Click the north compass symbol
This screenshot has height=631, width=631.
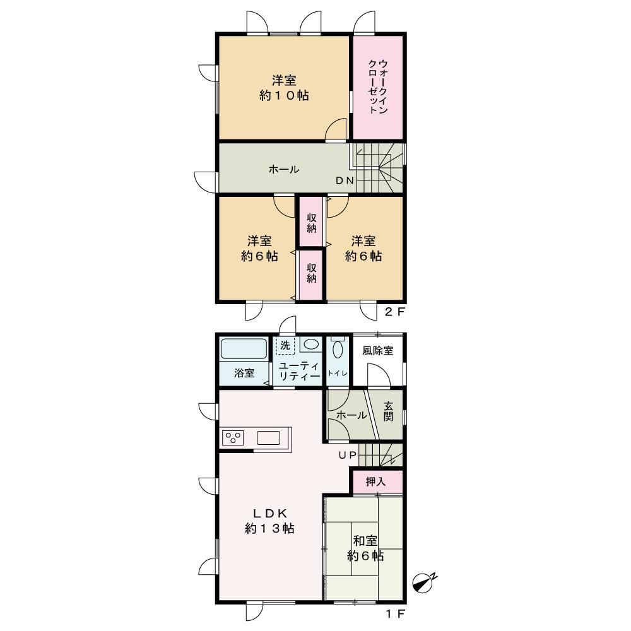pyautogui.click(x=423, y=582)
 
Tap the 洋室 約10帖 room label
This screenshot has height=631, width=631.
pyautogui.click(x=284, y=88)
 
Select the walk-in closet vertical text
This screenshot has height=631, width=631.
pyautogui.click(x=378, y=86)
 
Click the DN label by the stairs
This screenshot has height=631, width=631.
pyautogui.click(x=345, y=180)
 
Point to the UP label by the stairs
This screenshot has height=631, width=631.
pyautogui.click(x=347, y=455)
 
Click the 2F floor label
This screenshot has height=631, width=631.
pyautogui.click(x=394, y=312)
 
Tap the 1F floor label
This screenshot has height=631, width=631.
pyautogui.click(x=395, y=614)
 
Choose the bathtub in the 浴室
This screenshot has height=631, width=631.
pyautogui.click(x=244, y=348)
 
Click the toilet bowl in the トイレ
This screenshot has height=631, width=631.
pyautogui.click(x=337, y=349)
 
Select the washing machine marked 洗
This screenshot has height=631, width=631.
pyautogui.click(x=285, y=346)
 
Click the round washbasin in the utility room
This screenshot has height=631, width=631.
pyautogui.click(x=310, y=345)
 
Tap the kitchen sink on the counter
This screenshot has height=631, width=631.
pyautogui.click(x=268, y=438)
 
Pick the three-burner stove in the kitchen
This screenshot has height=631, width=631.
pyautogui.click(x=233, y=438)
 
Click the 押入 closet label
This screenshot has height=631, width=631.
pyautogui.click(x=376, y=481)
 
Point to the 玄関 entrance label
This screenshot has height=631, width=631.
pyautogui.click(x=388, y=411)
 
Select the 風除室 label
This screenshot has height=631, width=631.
pyautogui.click(x=378, y=350)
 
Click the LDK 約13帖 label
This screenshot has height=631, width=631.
pyautogui.click(x=269, y=521)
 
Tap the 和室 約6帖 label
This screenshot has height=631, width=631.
pyautogui.click(x=365, y=548)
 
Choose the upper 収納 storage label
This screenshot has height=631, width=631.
pyautogui.click(x=312, y=223)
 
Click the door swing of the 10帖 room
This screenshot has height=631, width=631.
pyautogui.click(x=336, y=129)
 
